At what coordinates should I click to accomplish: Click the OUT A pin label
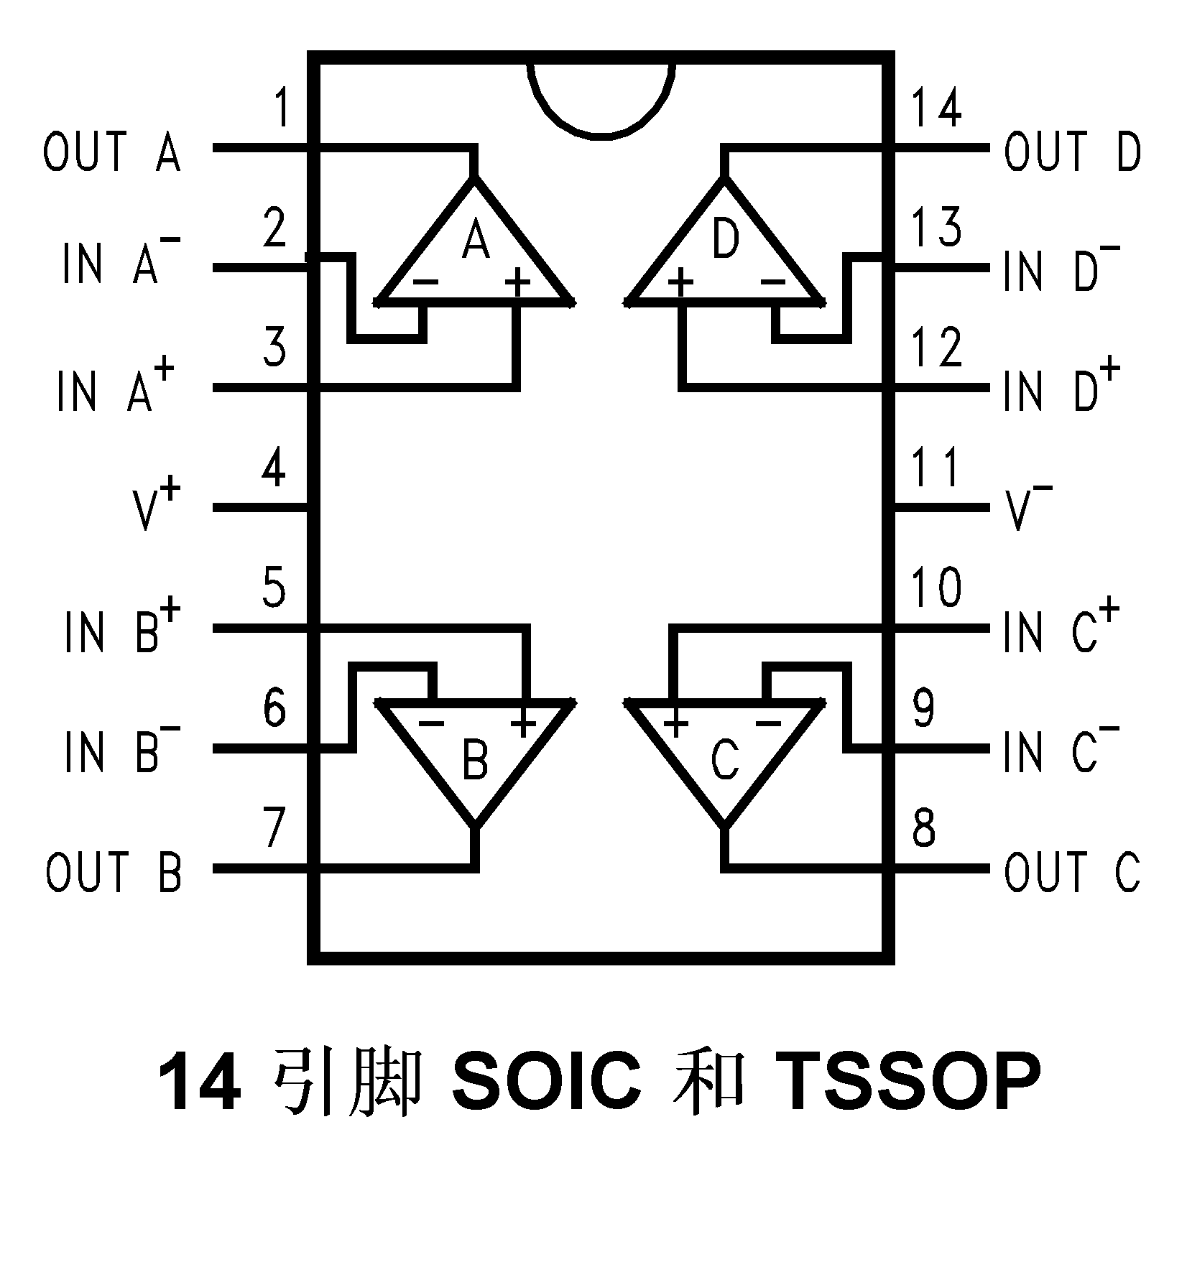click(112, 151)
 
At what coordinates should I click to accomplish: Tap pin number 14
click(936, 109)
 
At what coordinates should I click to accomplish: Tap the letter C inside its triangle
click(725, 761)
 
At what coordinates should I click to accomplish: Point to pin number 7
click(274, 827)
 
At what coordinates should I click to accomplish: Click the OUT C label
click(1071, 871)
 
